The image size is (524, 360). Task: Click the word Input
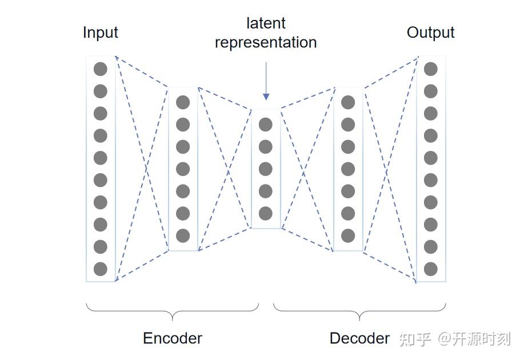pos(100,32)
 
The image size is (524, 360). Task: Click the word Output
pos(430,32)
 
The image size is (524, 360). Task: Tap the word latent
pos(266,23)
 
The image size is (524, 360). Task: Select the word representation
pos(266,42)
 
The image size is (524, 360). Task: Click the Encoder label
pos(172,338)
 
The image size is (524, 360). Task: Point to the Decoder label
pos(359,338)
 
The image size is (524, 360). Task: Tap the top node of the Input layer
pos(101,69)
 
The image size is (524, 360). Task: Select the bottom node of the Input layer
pos(101,269)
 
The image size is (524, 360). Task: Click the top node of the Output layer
pos(430,69)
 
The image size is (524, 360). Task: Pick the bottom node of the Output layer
pos(430,269)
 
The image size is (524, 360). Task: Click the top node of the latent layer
pos(265,125)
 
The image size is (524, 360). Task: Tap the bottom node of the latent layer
pos(265,213)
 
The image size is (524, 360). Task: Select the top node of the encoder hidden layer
pos(183,102)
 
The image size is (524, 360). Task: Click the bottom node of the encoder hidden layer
pos(183,235)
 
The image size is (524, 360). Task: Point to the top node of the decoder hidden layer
pos(348,102)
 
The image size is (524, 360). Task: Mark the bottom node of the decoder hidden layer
pos(348,235)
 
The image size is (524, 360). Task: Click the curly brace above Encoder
pos(172,311)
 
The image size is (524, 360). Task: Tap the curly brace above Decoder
pos(359,311)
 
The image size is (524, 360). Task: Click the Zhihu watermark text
pos(454,339)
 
